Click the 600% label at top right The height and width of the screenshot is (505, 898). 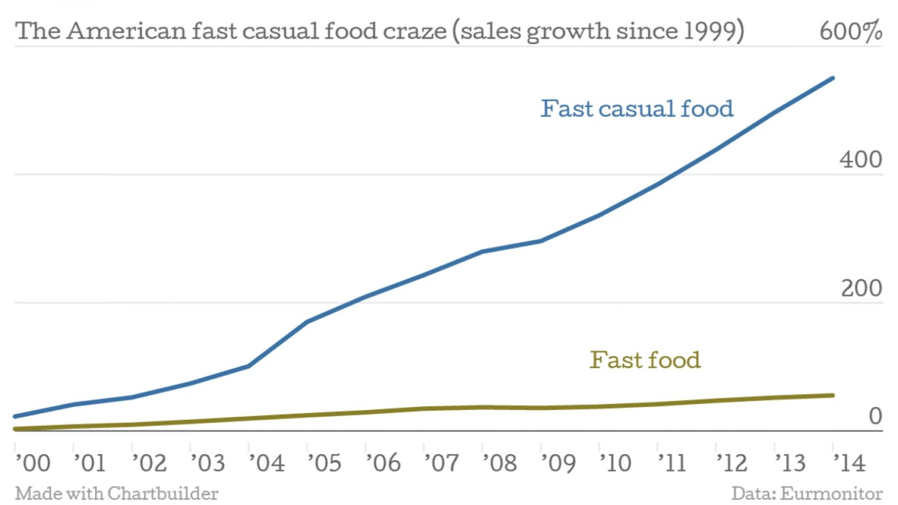851,31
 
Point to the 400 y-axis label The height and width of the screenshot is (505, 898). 861,159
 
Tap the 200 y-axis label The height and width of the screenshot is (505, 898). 861,288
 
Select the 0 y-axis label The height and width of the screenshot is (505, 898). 875,416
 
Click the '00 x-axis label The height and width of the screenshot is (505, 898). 33,463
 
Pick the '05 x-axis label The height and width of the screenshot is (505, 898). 324,463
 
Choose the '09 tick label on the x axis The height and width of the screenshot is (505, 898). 558,463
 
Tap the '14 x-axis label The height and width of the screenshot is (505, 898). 850,463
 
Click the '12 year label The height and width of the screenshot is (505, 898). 732,463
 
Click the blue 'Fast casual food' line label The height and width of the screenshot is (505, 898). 636,108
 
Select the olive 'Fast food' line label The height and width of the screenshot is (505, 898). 645,360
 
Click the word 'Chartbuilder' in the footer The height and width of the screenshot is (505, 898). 163,493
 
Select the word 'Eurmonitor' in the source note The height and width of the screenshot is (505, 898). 831,493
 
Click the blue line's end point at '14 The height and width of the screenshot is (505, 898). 832,78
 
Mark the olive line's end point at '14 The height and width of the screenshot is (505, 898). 832,395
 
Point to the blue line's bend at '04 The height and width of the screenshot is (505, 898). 248,366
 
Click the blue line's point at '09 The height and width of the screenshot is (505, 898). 541,241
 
